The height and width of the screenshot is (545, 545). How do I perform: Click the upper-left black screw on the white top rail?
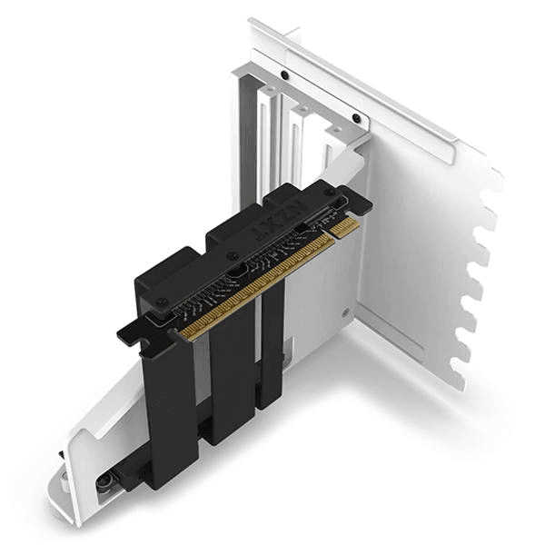(x=285, y=74)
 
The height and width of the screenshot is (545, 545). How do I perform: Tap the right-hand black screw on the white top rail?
(x=357, y=118)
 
